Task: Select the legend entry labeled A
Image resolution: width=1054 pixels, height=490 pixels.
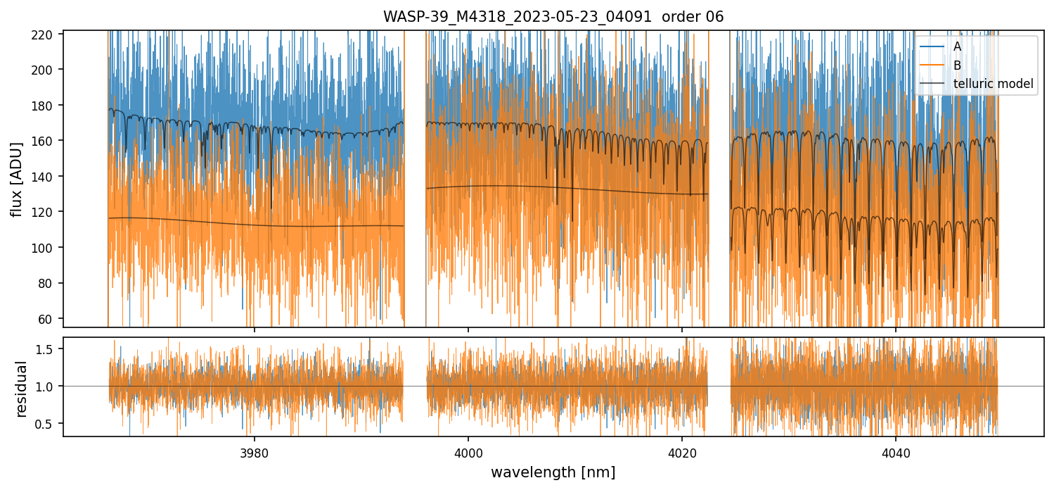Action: [x=957, y=46]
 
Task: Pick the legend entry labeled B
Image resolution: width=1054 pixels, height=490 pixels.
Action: [x=957, y=65]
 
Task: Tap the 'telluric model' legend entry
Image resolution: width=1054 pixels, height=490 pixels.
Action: [x=993, y=84]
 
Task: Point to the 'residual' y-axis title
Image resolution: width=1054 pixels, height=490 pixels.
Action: [x=21, y=389]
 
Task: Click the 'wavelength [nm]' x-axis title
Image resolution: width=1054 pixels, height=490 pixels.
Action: [x=553, y=472]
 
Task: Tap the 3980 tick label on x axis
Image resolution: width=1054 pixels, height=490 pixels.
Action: [x=255, y=452]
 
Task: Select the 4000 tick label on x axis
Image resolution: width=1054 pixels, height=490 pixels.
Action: [x=468, y=452]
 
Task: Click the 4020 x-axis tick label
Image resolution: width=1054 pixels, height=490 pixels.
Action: [x=682, y=452]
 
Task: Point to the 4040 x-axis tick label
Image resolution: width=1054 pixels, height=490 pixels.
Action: [x=896, y=452]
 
